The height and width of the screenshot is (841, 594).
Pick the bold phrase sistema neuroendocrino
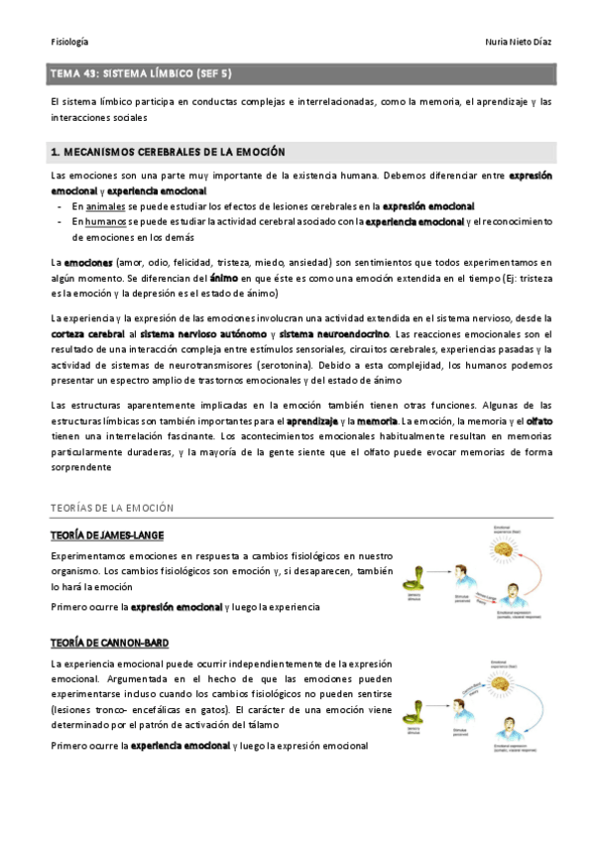click(333, 334)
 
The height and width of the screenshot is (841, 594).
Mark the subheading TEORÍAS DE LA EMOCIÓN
click(112, 508)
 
